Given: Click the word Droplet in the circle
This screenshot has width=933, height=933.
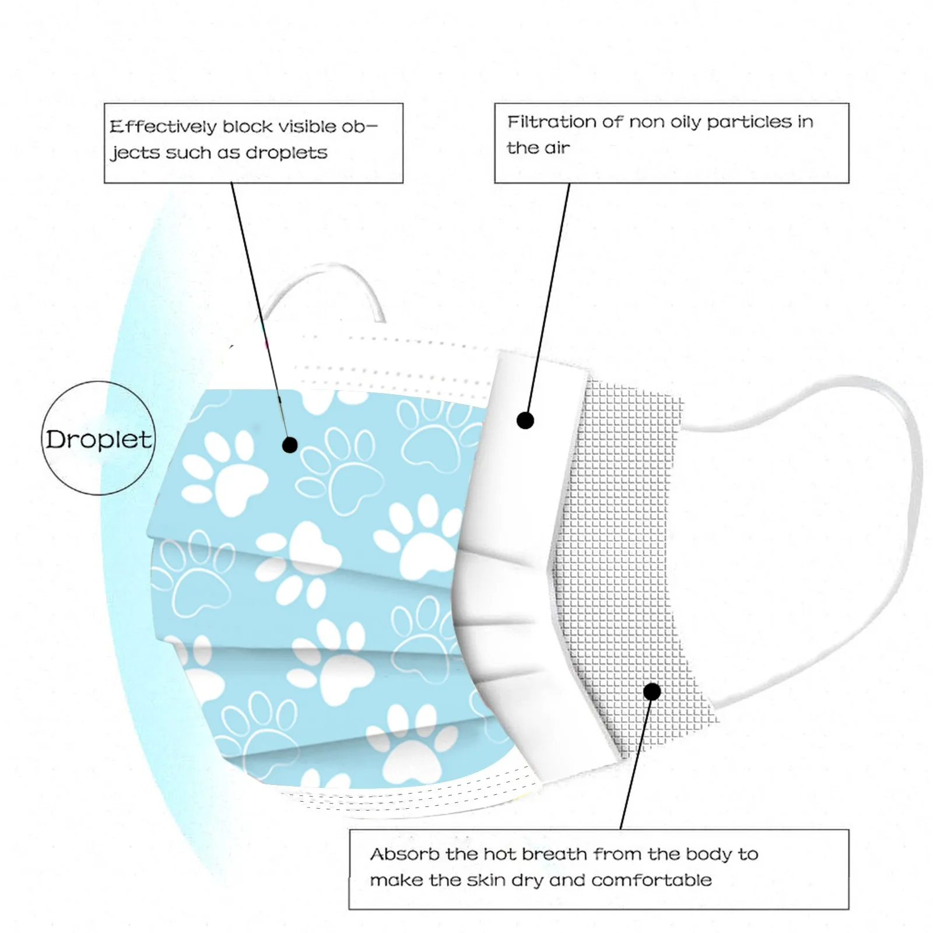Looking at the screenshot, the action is click(x=98, y=440).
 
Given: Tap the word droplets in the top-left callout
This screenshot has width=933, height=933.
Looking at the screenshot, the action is click(x=286, y=153).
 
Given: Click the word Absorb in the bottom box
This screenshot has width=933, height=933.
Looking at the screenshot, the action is click(x=404, y=855).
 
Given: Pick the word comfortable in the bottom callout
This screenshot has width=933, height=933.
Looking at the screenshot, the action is click(x=651, y=880).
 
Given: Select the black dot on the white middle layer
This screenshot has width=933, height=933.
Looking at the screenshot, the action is click(x=525, y=420).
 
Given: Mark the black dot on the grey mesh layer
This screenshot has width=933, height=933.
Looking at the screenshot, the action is click(x=652, y=692).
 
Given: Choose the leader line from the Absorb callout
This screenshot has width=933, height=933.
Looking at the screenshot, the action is click(x=636, y=764).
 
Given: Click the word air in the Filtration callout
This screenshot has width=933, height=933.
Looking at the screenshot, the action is click(x=557, y=148).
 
